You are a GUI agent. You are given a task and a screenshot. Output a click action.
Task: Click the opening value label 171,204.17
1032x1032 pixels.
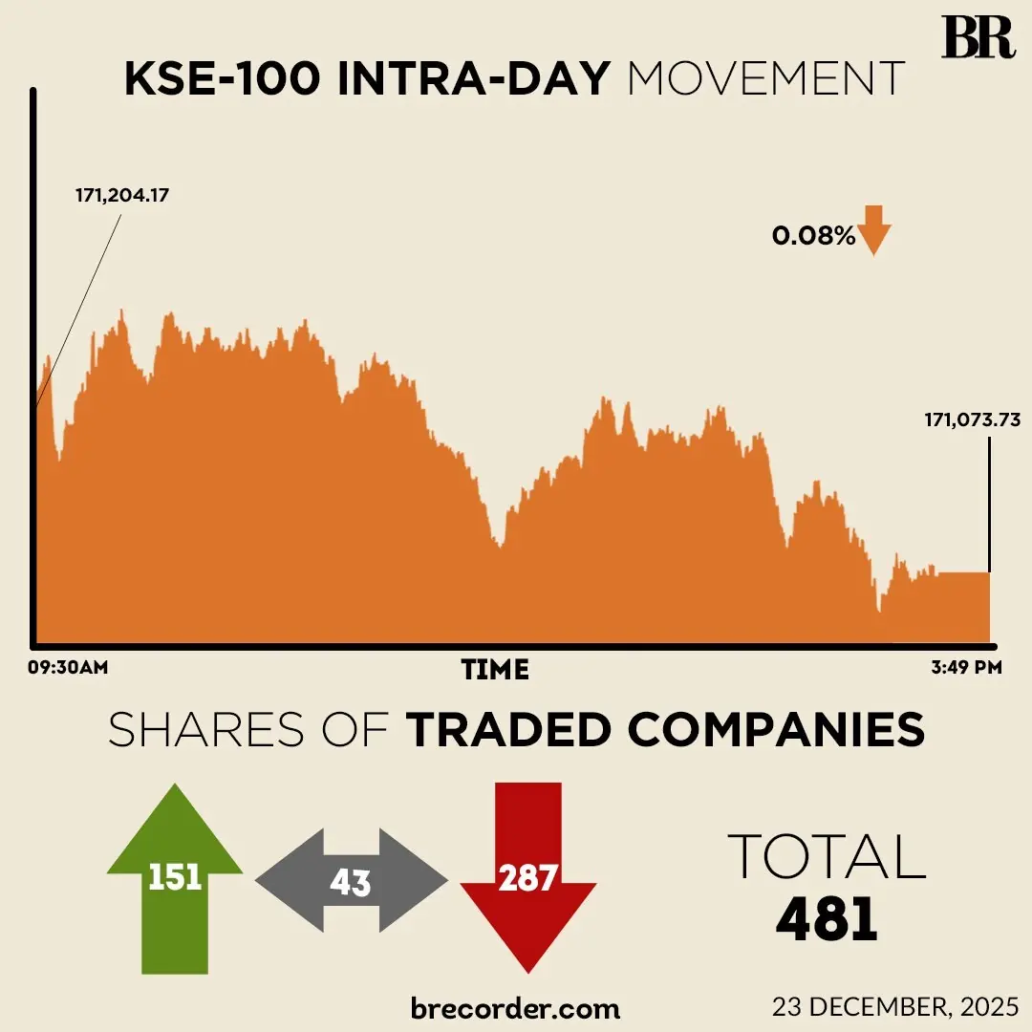coord(128,196)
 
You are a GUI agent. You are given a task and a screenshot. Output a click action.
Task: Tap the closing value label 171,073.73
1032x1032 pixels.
coord(972,419)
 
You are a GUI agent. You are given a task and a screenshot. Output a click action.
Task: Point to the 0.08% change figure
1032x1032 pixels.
coord(814,235)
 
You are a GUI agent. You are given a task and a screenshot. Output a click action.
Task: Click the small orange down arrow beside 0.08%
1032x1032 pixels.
coord(874,230)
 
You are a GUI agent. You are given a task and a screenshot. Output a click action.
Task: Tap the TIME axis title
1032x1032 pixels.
coord(495,669)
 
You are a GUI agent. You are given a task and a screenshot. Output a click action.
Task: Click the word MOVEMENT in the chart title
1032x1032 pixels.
coord(766,80)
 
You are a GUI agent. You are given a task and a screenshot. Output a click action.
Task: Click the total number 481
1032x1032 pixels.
coord(827,918)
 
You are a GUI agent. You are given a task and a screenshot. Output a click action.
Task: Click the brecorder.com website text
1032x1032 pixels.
coord(515,1007)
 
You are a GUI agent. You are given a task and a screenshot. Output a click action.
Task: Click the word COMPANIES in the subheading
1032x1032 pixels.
coord(776,731)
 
